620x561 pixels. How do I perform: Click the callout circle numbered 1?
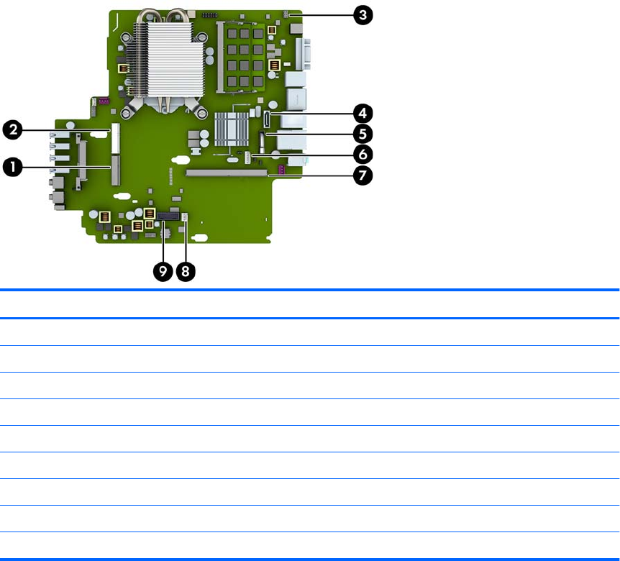[x=12, y=167]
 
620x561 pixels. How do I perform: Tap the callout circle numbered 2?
[x=12, y=129]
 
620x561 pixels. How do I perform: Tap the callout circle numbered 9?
[x=163, y=271]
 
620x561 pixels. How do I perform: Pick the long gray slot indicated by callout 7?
[x=227, y=173]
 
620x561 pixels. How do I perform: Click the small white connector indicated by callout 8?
[x=185, y=217]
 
